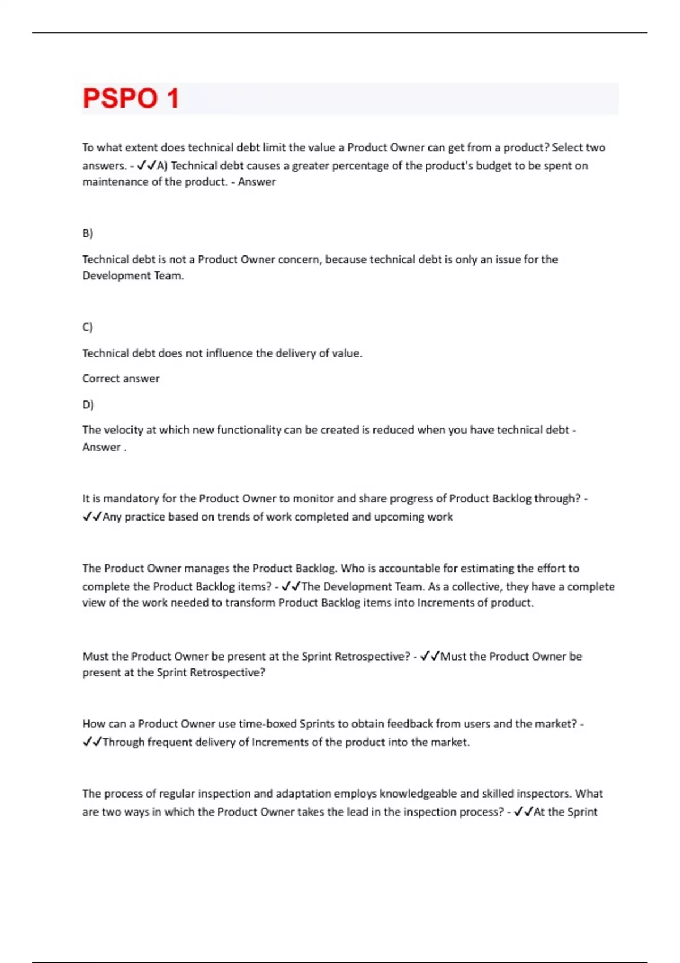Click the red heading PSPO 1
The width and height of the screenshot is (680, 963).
[x=131, y=99]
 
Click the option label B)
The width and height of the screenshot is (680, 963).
[x=87, y=233]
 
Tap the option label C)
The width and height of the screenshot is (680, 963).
[x=87, y=327]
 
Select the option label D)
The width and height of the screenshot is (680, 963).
[x=88, y=404]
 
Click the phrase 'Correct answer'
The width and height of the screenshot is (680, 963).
[x=121, y=378]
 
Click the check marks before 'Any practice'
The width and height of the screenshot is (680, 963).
[x=92, y=517]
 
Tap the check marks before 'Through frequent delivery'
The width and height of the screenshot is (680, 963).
[x=92, y=742]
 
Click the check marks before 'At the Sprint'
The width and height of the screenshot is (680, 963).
[x=523, y=812]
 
